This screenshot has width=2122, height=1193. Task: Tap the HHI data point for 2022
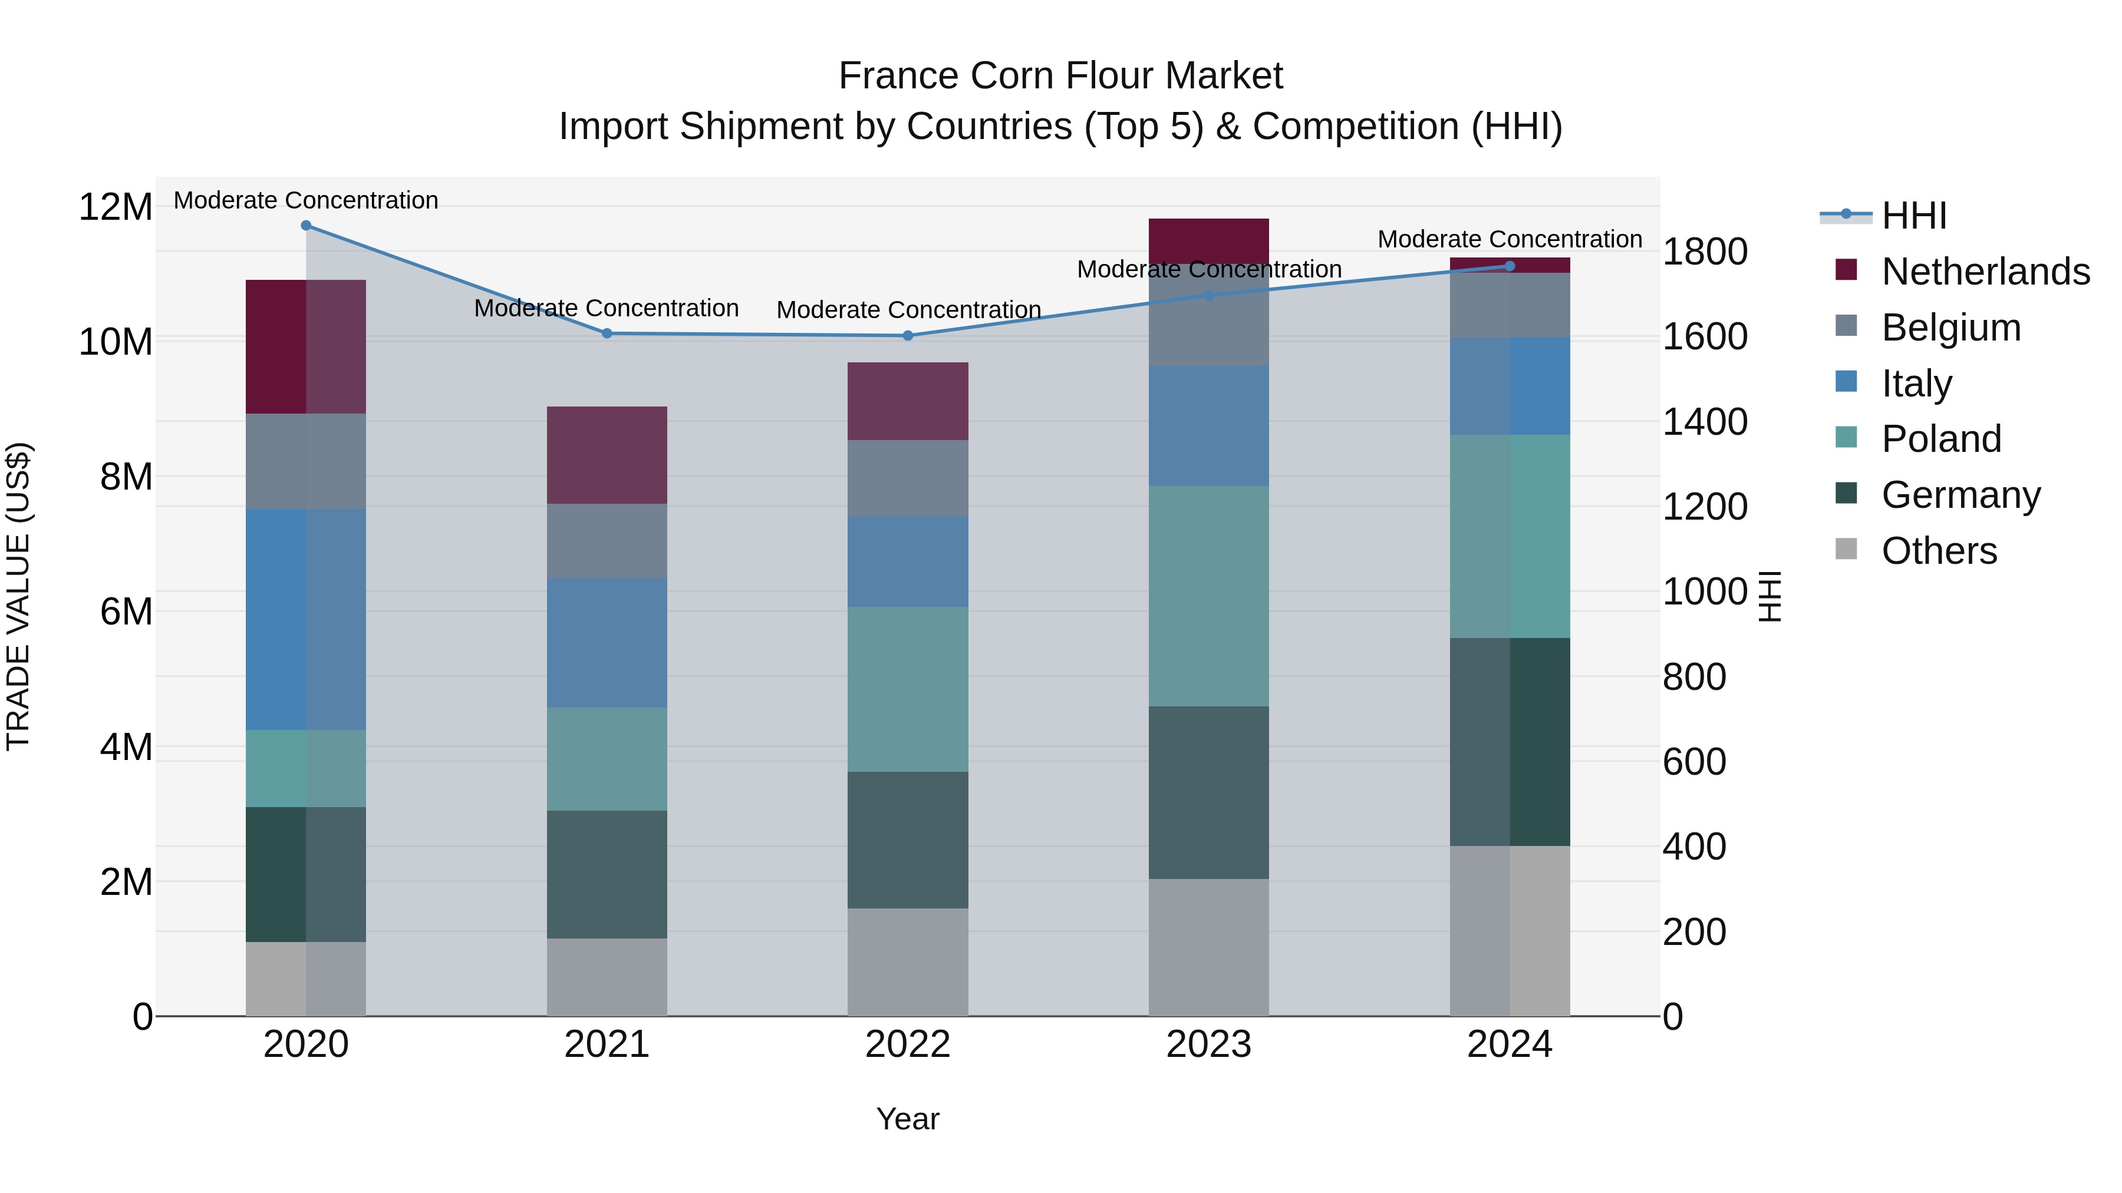pyautogui.click(x=908, y=336)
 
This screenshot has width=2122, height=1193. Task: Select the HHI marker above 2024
pyautogui.click(x=1510, y=266)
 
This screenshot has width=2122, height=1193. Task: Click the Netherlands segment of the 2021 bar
pyautogui.click(x=607, y=455)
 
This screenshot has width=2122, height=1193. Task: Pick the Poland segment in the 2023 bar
pyautogui.click(x=1208, y=596)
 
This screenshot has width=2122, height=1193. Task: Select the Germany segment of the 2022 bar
pyautogui.click(x=908, y=840)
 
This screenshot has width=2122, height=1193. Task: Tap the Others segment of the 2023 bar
pyautogui.click(x=1208, y=947)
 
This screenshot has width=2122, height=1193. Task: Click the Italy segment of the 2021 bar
pyautogui.click(x=607, y=642)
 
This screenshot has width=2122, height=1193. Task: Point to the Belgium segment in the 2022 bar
pyautogui.click(x=908, y=478)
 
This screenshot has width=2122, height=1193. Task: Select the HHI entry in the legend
pyautogui.click(x=1913, y=216)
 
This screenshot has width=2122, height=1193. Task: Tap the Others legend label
pyautogui.click(x=1939, y=551)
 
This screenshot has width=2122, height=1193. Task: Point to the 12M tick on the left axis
pyautogui.click(x=116, y=207)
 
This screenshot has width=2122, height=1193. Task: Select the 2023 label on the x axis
pyautogui.click(x=1208, y=1045)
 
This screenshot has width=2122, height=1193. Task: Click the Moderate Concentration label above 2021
pyautogui.click(x=607, y=309)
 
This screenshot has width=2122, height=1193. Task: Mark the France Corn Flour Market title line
pyautogui.click(x=1060, y=76)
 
